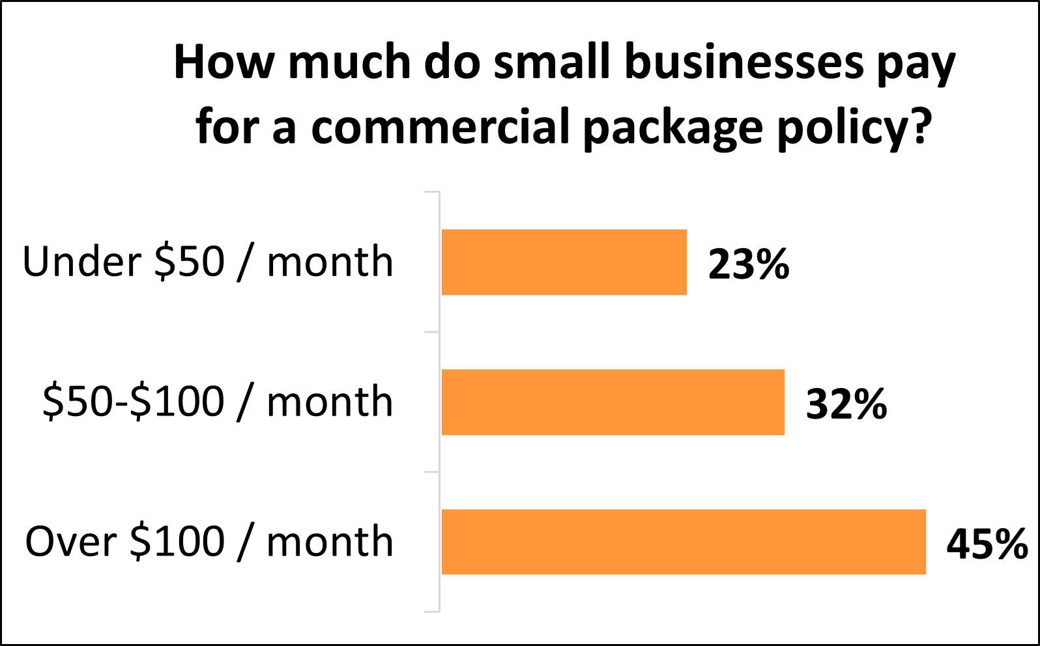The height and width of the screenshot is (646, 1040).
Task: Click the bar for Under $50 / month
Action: point(564,262)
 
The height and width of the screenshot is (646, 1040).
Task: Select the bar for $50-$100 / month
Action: point(613,402)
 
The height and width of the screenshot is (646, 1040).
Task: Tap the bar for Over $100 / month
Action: point(684,542)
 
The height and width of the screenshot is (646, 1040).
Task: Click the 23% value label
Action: point(749,264)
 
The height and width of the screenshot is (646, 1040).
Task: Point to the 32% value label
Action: point(846,404)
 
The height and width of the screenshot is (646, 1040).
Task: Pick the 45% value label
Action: point(987,544)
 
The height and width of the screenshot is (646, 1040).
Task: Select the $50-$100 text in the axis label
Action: point(134,402)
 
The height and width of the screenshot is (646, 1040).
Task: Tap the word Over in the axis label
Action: point(71,542)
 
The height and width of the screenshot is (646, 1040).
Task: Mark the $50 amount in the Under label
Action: point(190,262)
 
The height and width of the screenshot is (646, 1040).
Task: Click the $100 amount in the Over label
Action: point(177,542)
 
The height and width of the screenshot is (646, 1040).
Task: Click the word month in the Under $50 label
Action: point(330,262)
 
